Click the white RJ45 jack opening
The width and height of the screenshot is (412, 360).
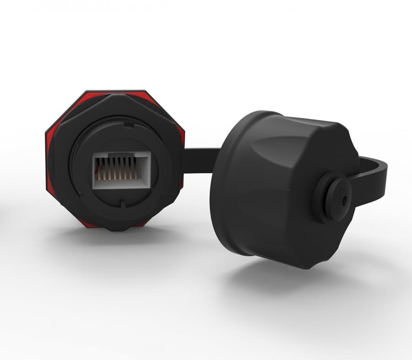121,169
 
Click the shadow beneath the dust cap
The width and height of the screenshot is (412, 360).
275,279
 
